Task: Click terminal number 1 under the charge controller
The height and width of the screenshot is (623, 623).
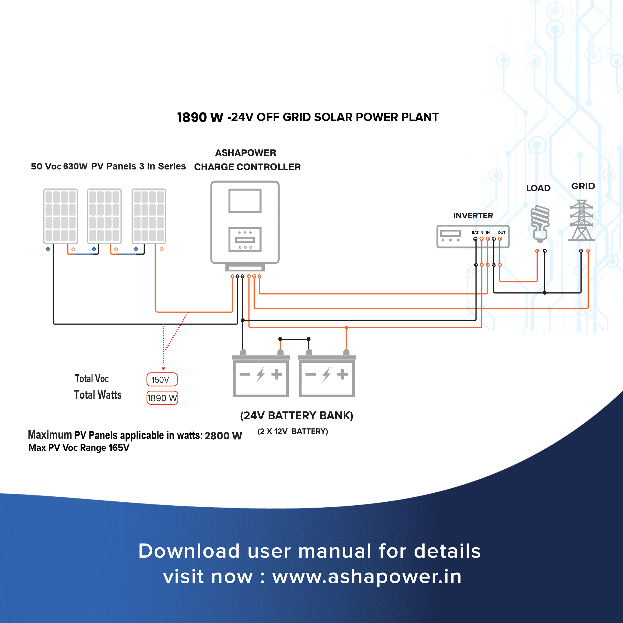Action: (x=232, y=276)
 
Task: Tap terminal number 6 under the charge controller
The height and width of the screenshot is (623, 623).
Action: (x=259, y=276)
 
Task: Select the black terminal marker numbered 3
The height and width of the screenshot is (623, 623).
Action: (x=242, y=276)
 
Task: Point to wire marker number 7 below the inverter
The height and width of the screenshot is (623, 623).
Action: (x=476, y=265)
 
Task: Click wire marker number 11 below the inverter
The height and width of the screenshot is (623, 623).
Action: (x=500, y=265)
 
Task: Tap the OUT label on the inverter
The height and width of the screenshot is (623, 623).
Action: (x=501, y=233)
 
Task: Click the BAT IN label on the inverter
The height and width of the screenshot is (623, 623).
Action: (x=477, y=233)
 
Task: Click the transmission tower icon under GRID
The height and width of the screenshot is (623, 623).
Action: (x=581, y=220)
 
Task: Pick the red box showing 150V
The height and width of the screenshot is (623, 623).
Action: (x=162, y=380)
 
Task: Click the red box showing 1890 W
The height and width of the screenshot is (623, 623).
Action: (x=162, y=398)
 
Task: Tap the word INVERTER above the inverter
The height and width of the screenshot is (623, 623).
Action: (x=473, y=216)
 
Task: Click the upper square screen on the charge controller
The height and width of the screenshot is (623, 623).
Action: (x=245, y=201)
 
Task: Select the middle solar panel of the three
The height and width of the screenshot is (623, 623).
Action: (x=104, y=216)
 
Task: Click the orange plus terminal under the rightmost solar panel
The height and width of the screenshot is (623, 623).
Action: (x=162, y=249)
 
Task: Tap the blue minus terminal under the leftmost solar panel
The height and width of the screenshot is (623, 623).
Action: (x=48, y=249)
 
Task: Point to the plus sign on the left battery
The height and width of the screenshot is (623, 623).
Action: (x=277, y=374)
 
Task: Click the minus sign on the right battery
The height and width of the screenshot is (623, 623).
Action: (x=311, y=374)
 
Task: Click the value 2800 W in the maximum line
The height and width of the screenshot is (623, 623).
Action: (x=223, y=436)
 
